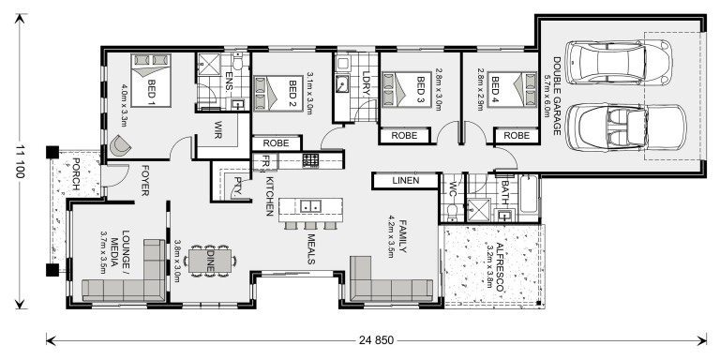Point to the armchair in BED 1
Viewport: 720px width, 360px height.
coord(120,146)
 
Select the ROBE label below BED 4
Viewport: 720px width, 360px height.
coord(516,136)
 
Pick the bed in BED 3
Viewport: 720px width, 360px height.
coord(407,93)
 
